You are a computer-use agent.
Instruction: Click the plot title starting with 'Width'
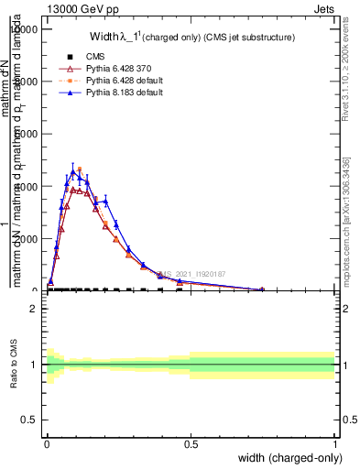191,38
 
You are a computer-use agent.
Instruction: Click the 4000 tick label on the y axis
27,187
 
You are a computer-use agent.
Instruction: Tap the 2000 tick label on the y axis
27,239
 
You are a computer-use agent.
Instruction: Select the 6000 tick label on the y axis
27,135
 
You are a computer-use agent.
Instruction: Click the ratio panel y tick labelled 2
34,309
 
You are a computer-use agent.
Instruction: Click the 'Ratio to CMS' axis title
12,364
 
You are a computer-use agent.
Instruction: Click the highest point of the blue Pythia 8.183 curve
73,171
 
